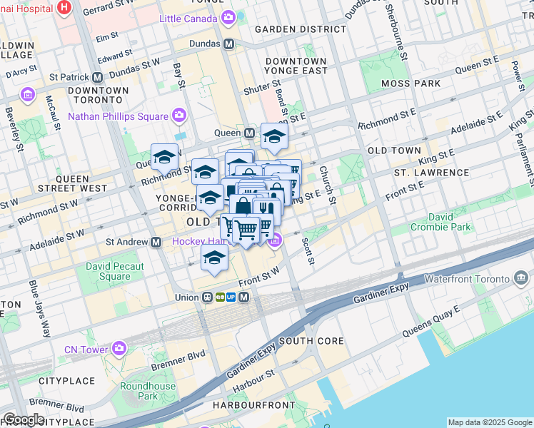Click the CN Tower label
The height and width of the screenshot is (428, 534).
click(x=85, y=349)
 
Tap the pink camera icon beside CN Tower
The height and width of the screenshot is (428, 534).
click(x=119, y=349)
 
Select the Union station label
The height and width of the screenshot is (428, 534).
click(x=186, y=297)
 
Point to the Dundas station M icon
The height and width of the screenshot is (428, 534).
click(x=229, y=44)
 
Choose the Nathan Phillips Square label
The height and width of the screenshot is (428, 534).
click(x=118, y=116)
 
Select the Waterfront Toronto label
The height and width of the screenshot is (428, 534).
click(x=468, y=278)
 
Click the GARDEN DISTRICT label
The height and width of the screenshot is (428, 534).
click(x=300, y=29)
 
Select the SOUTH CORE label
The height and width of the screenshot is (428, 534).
click(x=311, y=341)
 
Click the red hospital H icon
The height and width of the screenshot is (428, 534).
click(x=65, y=7)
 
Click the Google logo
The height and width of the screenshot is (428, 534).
click(x=24, y=419)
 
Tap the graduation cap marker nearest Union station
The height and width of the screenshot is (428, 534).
click(x=213, y=258)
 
